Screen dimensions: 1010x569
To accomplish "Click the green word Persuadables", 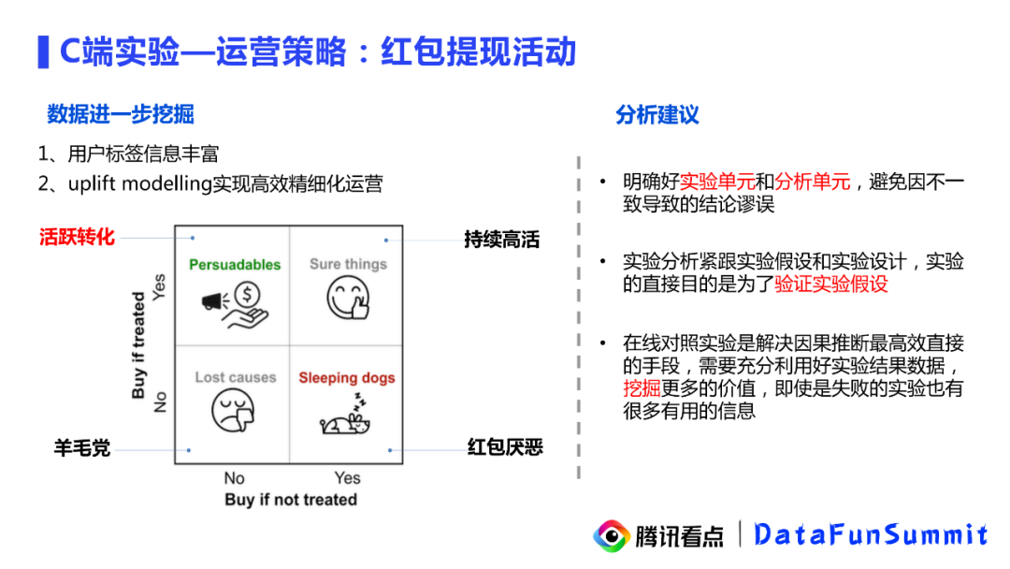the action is tap(235, 265).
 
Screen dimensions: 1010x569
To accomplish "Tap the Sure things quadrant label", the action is tap(348, 265).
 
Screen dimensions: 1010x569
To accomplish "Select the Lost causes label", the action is tap(236, 378).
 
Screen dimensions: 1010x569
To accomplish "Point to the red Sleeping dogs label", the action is tap(347, 378).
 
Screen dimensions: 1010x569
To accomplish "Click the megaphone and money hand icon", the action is tap(234, 304).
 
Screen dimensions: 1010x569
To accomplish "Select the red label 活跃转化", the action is tap(77, 237).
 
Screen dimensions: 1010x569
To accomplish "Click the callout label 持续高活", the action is tap(502, 240).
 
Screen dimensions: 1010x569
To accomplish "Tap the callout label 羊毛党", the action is tap(81, 448).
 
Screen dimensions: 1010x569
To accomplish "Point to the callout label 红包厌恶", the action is tap(505, 447).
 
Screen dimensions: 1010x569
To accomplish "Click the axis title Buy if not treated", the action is tap(291, 500).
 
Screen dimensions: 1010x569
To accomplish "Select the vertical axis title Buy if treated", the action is tap(139, 345).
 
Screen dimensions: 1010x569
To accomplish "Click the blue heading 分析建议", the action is tap(656, 115).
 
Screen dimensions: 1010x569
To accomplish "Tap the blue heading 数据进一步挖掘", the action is tap(121, 114).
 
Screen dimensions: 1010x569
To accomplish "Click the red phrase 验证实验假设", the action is tap(831, 284).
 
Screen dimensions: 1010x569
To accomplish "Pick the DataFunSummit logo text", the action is tap(870, 534).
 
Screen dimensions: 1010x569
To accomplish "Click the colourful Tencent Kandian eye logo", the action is tap(613, 535).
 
